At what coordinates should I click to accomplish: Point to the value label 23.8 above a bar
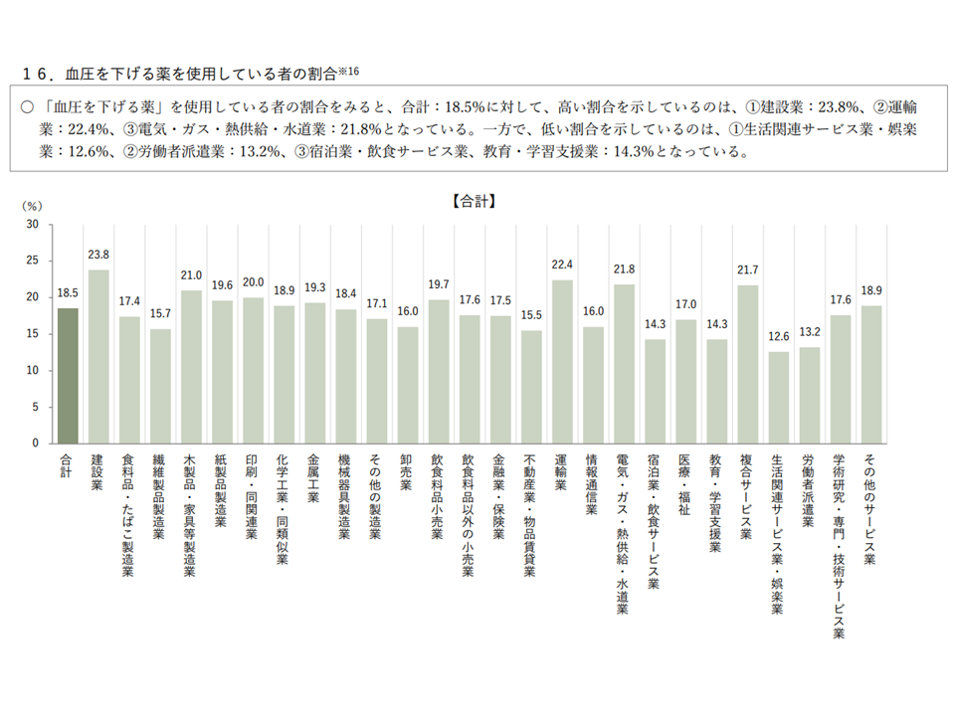click(98, 255)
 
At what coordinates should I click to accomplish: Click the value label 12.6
click(778, 336)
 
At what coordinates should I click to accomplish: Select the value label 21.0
click(191, 275)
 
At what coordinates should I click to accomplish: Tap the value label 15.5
click(531, 315)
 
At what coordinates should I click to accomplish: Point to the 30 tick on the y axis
click(32, 224)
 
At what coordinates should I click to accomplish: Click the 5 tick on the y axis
click(35, 407)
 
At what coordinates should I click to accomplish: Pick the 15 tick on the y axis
click(32, 333)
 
